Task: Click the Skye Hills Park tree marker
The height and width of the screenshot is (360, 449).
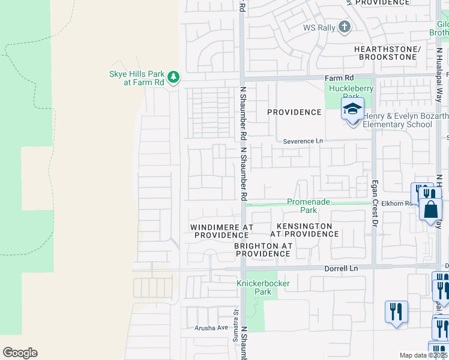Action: point(173,77)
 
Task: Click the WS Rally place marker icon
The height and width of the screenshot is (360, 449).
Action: point(344,27)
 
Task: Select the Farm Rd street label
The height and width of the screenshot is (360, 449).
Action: point(339,78)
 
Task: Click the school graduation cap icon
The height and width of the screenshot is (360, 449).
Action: point(353,109)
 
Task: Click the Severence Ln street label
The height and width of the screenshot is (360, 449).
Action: point(303,141)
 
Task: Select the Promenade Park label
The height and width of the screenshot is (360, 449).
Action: point(309,206)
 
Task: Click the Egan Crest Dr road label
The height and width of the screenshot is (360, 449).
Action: point(375,205)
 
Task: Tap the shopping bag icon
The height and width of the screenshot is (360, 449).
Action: point(431,209)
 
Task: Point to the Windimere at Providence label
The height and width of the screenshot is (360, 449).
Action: point(221,232)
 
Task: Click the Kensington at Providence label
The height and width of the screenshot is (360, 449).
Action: point(301,230)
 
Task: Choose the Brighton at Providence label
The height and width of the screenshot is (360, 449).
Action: point(262,250)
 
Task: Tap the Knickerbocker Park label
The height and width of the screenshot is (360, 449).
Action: point(263,287)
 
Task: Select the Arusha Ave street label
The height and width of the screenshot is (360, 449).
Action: point(211,328)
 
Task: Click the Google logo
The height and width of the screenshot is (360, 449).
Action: point(20,353)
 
